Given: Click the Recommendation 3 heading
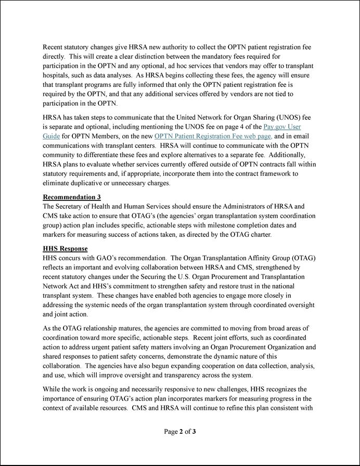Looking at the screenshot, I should [x=72, y=197].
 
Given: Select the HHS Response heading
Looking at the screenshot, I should [x=65, y=249].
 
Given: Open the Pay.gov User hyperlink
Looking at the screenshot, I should [x=282, y=127].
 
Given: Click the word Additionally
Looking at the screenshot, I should [x=285, y=155].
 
